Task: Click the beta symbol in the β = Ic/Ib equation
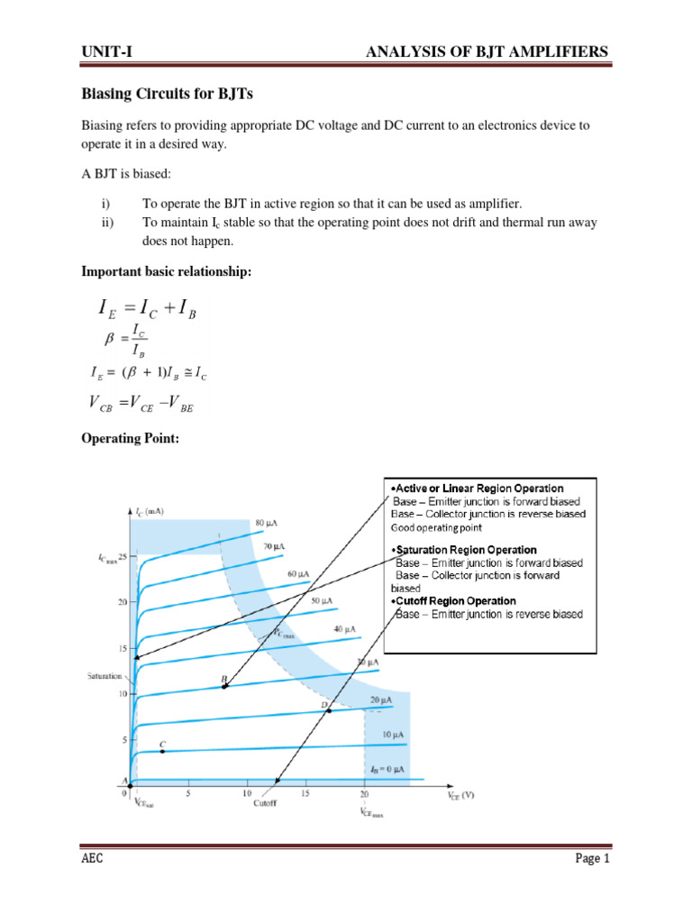click(113, 342)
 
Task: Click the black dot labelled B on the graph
click(224, 687)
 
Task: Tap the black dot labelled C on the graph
click(162, 750)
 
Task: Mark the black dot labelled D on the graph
click(329, 710)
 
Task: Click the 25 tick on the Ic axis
click(122, 556)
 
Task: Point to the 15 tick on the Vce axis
click(305, 794)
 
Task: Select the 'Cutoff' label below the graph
click(264, 803)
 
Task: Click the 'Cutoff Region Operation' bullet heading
click(454, 600)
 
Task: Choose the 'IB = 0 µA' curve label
click(387, 769)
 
